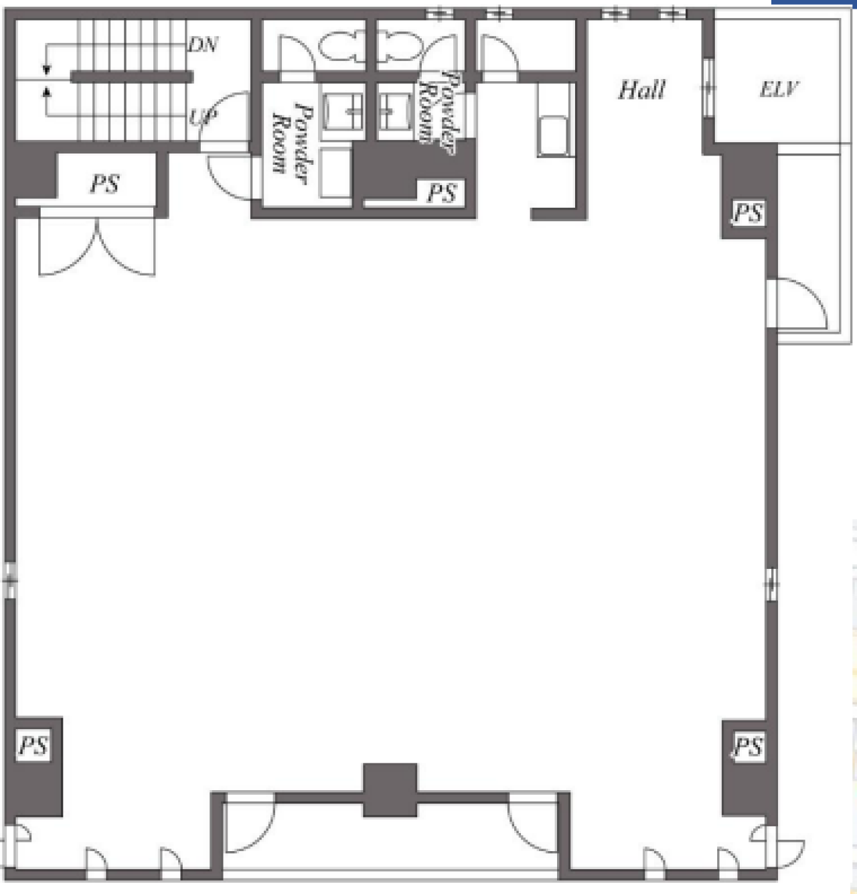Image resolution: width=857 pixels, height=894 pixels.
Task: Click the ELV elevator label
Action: point(779,89)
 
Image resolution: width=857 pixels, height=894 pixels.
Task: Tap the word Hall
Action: point(641,90)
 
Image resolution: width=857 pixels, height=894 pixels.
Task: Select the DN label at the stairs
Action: point(203,44)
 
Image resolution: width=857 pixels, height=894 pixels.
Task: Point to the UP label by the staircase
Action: point(202,117)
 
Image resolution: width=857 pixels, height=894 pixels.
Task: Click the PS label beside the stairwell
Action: point(104,184)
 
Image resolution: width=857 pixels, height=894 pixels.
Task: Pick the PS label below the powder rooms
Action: point(442,192)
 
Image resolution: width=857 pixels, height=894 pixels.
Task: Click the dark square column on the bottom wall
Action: point(390,790)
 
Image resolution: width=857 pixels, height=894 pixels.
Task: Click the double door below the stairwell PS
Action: point(97,242)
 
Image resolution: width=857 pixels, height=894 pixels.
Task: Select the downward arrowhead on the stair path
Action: point(46,70)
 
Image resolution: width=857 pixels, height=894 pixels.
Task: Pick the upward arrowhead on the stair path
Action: point(46,92)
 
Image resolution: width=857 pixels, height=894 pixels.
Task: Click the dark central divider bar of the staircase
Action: point(132,76)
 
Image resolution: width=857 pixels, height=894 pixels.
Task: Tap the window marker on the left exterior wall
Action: point(10,580)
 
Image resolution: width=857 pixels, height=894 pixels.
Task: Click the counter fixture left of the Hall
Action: point(554,121)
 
